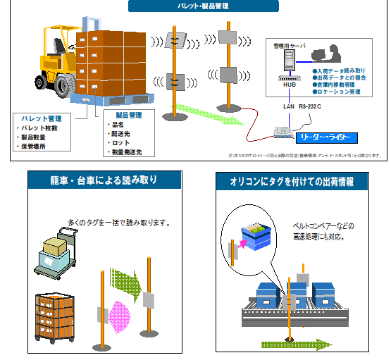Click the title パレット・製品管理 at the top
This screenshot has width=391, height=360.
198,6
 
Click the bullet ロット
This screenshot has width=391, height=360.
119,142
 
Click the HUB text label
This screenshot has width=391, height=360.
289,85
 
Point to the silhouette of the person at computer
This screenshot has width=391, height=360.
327,54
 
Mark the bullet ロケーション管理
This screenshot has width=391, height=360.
337,92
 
